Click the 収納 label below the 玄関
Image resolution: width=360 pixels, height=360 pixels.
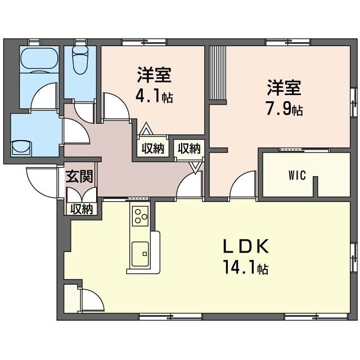tap(81, 209)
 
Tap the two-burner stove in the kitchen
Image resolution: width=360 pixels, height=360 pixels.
tap(139, 215)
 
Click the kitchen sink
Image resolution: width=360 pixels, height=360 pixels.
tap(139, 254)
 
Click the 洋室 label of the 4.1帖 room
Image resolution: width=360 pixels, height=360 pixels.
tap(154, 75)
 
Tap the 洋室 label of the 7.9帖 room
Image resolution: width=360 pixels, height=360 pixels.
tap(283, 88)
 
